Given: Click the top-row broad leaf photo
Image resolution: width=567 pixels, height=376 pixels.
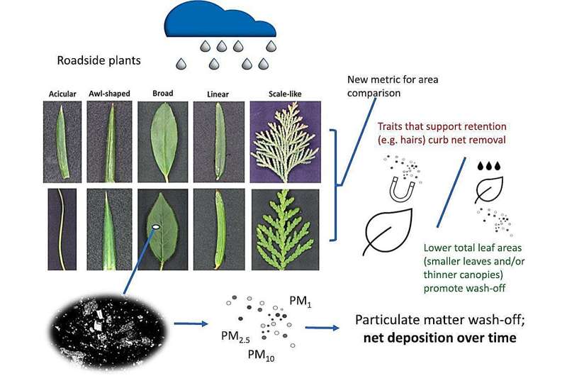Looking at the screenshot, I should (162, 141).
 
